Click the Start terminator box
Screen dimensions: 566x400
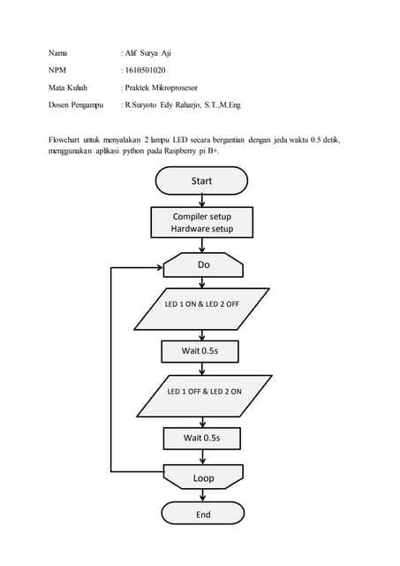click(201, 180)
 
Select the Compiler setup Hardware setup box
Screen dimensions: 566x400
click(201, 222)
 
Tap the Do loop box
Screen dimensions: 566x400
click(203, 264)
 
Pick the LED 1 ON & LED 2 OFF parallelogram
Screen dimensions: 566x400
click(202, 304)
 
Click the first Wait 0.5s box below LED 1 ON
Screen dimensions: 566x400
click(201, 351)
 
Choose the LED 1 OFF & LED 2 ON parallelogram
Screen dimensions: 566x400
click(203, 391)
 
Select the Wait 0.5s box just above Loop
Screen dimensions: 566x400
click(201, 437)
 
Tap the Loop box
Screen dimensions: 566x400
click(203, 478)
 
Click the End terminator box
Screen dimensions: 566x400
click(203, 514)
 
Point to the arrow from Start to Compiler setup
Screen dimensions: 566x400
click(201, 200)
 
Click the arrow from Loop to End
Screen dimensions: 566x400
click(203, 495)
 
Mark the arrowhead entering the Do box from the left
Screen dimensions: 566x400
click(160, 264)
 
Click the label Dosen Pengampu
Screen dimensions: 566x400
click(76, 105)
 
